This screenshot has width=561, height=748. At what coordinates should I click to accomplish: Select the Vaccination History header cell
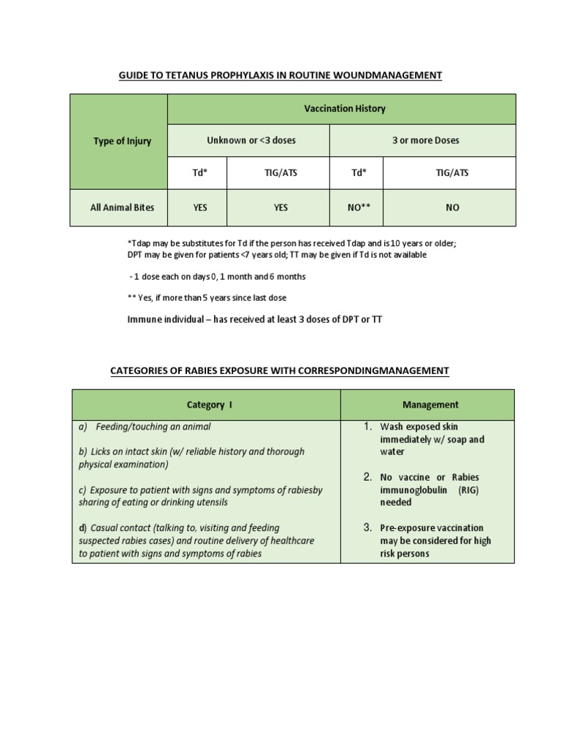(344, 109)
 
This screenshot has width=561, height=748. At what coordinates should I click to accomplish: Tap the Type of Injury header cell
(122, 141)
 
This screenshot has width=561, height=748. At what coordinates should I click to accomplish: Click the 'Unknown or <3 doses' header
(251, 140)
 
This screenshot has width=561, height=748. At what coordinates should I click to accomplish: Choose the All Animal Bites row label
(122, 207)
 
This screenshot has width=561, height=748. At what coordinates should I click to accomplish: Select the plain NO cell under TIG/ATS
(452, 207)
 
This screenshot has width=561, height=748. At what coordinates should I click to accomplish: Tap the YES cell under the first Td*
(200, 207)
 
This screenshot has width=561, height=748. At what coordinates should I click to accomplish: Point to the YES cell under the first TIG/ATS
(280, 207)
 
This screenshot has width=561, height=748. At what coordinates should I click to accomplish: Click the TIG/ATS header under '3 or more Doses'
(452, 174)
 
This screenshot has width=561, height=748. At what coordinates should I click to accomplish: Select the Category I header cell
(210, 404)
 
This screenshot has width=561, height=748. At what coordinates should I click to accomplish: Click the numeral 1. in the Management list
(368, 426)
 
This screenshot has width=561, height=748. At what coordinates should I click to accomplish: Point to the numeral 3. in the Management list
(368, 527)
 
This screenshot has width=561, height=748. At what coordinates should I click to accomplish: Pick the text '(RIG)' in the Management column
(468, 490)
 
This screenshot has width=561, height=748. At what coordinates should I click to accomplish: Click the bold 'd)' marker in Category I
(83, 527)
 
